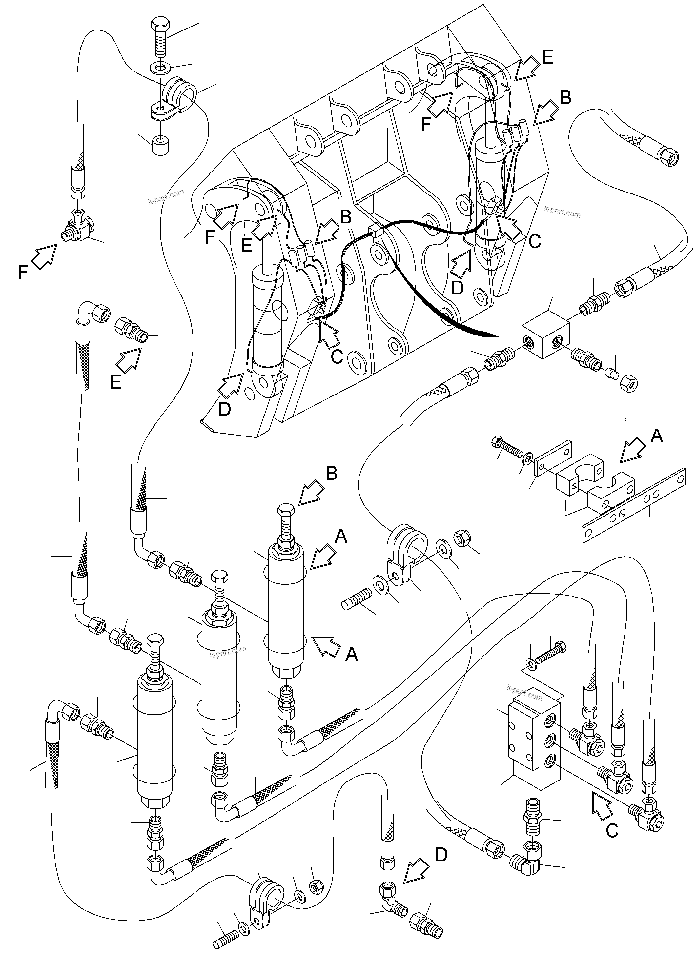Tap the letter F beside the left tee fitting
pos(23,273)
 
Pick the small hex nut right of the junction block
pos(629,383)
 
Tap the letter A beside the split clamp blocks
pos(657,436)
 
